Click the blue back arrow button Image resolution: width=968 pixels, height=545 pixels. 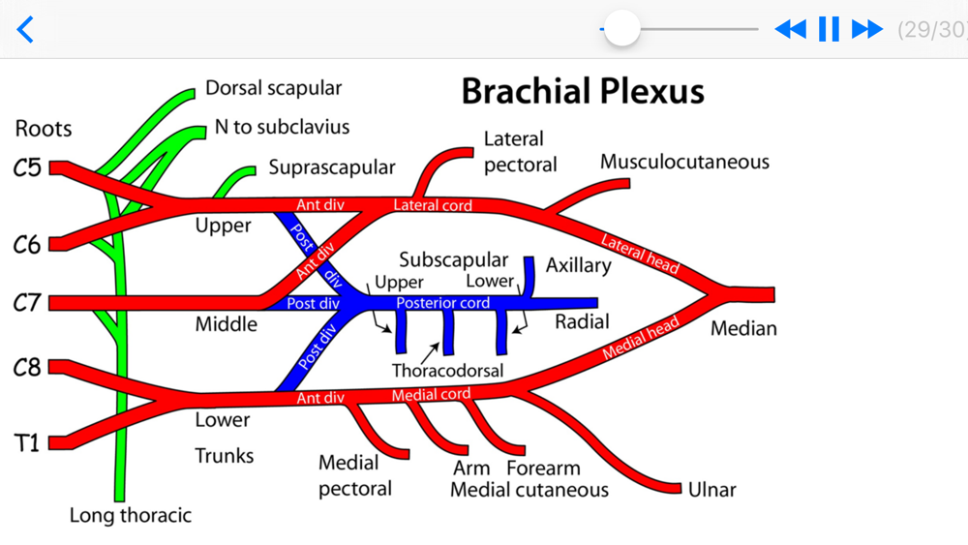pos(26,29)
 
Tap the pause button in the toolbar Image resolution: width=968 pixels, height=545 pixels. pos(829,29)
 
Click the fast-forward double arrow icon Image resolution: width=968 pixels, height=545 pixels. pos(866,29)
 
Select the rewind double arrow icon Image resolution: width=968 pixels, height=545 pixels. pos(791,29)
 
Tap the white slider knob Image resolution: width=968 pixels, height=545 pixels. pos(621,28)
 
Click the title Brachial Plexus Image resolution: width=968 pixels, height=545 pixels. pos(582,91)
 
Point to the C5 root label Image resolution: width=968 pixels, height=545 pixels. pos(27,168)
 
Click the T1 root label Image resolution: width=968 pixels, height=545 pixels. pos(27,443)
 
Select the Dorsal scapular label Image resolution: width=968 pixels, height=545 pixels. pos(273,88)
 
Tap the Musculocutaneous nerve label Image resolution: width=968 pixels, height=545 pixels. pos(684,162)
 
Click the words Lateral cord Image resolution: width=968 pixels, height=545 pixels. pos(433,205)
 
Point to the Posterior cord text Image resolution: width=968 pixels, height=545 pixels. pos(443,303)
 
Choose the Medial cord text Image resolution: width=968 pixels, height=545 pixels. pos(431,395)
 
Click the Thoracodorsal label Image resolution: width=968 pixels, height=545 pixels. pos(447,371)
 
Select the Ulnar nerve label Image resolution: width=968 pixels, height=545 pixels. pos(711,490)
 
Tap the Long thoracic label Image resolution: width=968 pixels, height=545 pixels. pos(130,516)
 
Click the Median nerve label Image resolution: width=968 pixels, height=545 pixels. pos(743,329)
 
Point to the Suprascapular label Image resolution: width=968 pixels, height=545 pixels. pos(332,167)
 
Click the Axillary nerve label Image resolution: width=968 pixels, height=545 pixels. pos(578,265)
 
